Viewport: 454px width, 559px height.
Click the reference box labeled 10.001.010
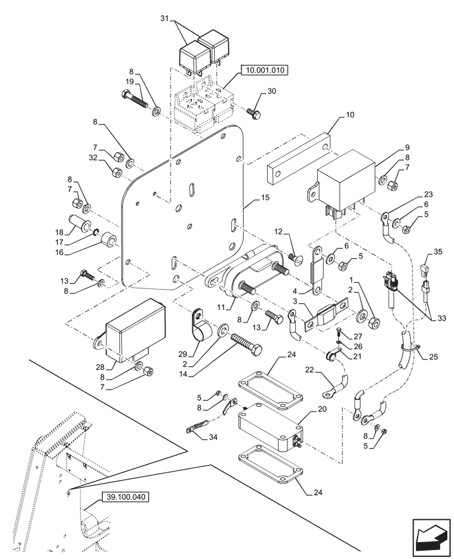(264, 70)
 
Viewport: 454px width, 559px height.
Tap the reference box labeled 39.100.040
(126, 496)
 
